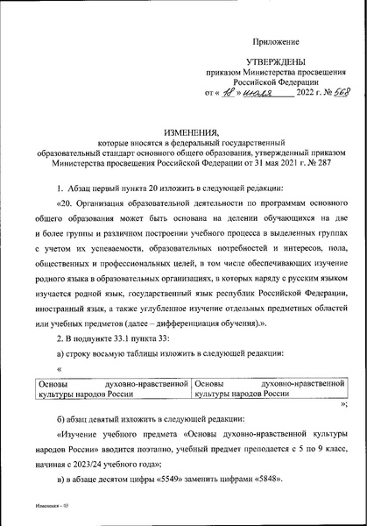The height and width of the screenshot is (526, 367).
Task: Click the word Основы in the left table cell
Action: coord(52,383)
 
